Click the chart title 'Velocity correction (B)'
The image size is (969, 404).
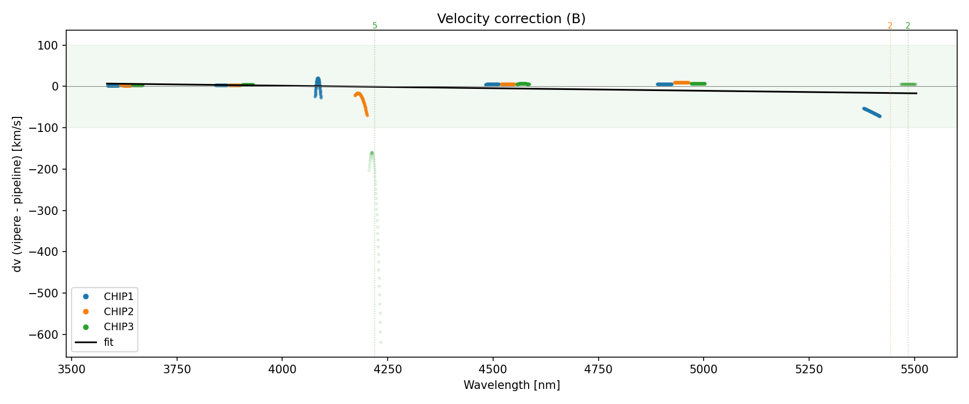point(511,19)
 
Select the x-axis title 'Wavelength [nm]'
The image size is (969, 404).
point(511,385)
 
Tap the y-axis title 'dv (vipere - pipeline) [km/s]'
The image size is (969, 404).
point(17,194)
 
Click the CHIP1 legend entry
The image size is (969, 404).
point(118,297)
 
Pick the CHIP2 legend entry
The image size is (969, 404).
point(118,312)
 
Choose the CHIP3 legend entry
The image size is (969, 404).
point(118,327)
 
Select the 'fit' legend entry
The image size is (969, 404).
point(108,342)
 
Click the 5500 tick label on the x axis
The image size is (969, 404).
point(915,370)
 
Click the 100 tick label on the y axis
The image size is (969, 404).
point(48,45)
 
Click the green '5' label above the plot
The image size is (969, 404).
point(375,26)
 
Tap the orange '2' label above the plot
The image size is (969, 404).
point(890,26)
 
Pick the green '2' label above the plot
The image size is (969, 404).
point(908,26)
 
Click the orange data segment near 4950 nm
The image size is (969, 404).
point(682,83)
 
